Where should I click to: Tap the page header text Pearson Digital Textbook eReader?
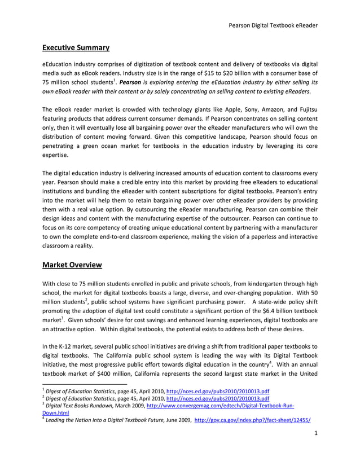(273, 25)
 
